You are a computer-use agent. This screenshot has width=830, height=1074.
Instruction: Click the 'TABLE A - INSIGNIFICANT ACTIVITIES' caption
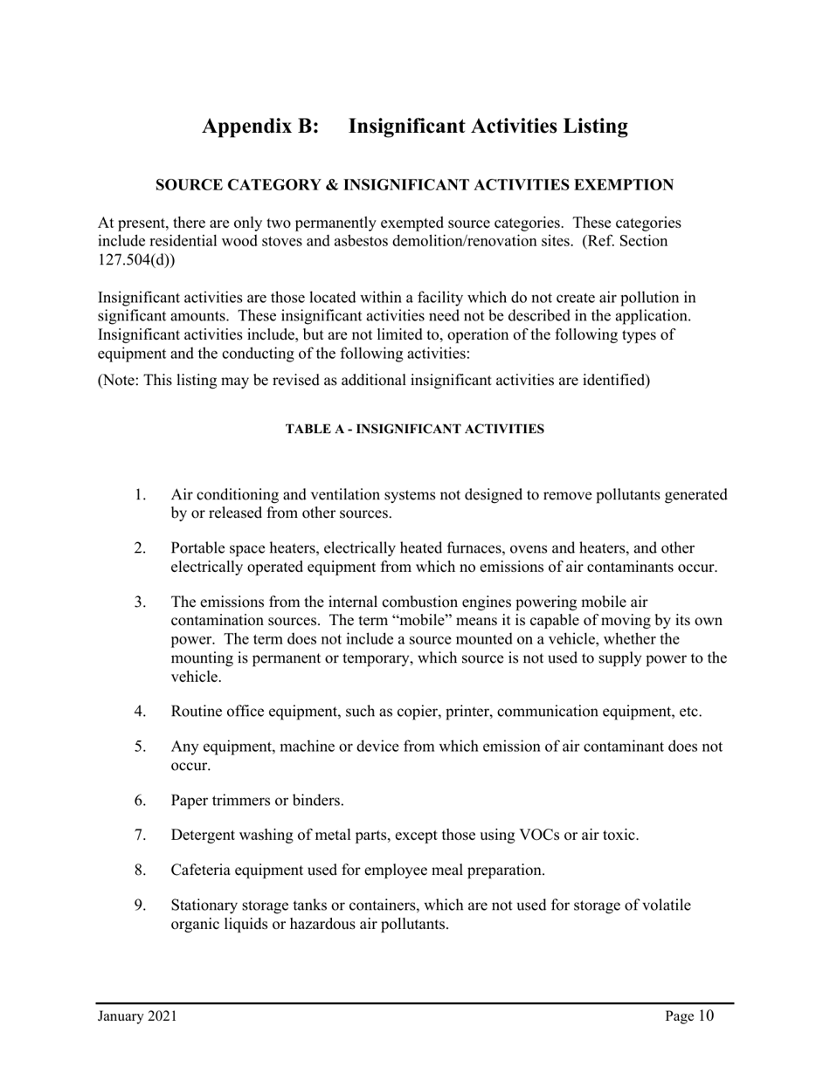coord(415,430)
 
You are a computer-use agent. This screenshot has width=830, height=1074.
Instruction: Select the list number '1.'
coord(141,495)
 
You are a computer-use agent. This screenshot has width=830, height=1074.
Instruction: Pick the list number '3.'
coord(141,602)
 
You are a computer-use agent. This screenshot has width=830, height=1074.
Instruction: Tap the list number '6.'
coord(141,800)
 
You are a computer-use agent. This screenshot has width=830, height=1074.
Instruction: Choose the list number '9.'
coord(141,905)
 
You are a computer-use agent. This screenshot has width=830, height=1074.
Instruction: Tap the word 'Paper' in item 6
coord(190,800)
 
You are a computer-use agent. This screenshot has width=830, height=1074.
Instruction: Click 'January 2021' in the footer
coord(137,1015)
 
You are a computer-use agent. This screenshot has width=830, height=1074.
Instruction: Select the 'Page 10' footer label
coord(688,1015)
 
